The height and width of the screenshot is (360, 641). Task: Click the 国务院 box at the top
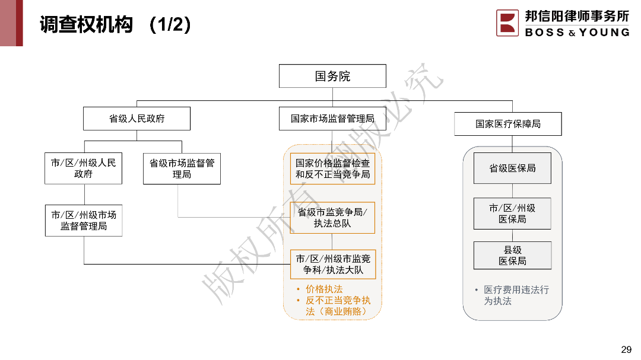coord(332,77)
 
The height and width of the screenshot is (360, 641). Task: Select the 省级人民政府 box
coord(137,119)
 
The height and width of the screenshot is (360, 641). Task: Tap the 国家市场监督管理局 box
coord(332,119)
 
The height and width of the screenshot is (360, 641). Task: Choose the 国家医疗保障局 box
coord(507,124)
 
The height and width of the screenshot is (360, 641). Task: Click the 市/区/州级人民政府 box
coord(84,168)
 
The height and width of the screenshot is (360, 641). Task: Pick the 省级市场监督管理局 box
coord(182,168)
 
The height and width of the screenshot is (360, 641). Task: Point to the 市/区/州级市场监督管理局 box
coord(84,221)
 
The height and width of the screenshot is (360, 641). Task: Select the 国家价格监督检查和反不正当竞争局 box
coord(332,168)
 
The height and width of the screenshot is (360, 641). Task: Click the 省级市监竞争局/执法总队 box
coord(332,218)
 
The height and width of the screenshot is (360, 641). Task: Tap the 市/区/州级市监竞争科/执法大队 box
coord(332,265)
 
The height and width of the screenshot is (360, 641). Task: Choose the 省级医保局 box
coord(512,168)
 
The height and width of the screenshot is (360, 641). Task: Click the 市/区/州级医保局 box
coord(512,214)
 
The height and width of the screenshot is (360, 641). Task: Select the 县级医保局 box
coord(512,256)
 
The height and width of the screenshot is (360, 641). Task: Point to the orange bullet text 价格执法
coord(324,289)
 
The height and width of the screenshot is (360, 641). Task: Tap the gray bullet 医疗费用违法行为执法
coord(515,295)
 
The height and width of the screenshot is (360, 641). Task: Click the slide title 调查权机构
coord(87,25)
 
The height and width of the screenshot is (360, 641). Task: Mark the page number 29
coord(626,349)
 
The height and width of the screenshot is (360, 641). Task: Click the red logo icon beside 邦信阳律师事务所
coord(507,23)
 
